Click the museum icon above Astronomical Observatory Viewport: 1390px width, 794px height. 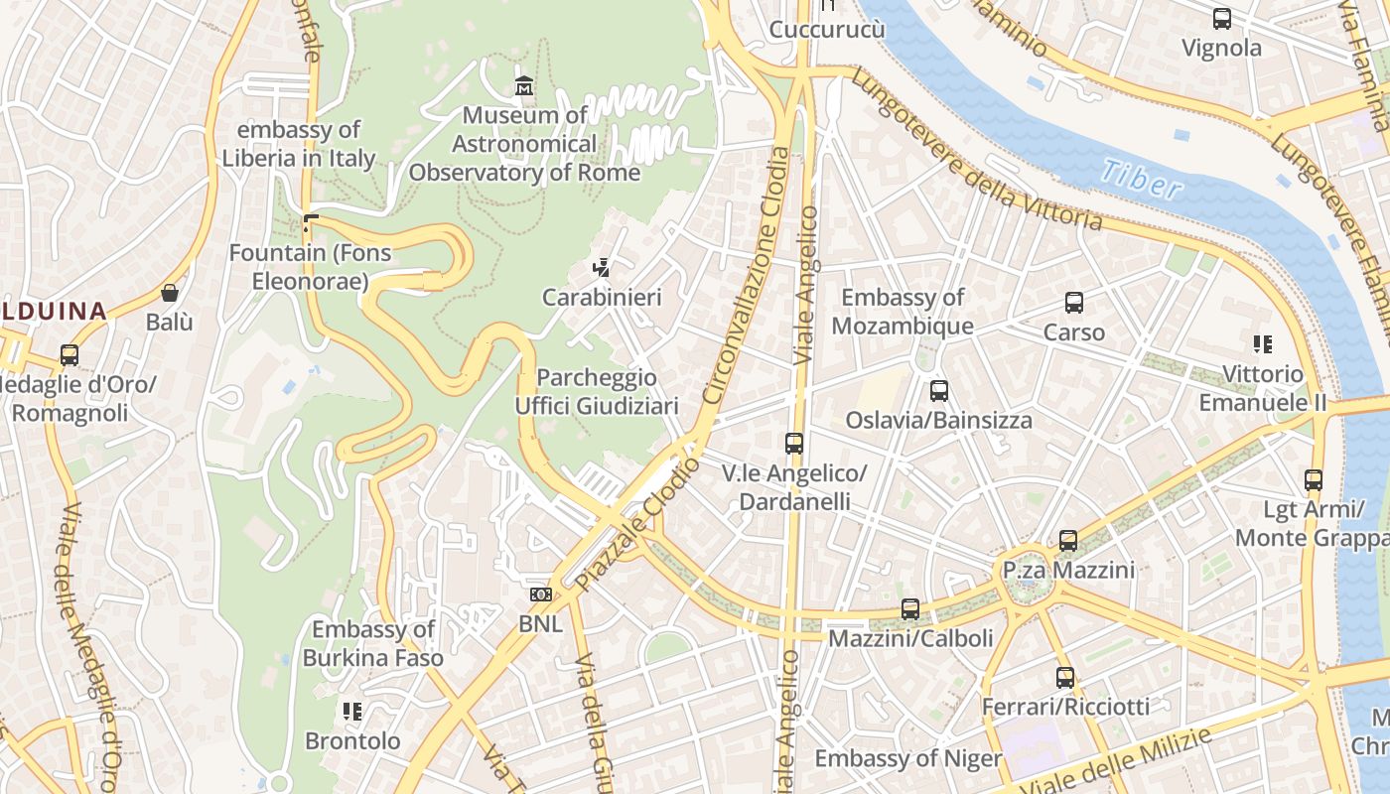(524, 86)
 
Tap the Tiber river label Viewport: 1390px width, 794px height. (1141, 179)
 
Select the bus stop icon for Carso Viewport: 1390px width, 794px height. (1073, 303)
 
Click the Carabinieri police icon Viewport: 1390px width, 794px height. (601, 267)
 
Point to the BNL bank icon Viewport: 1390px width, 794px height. (540, 595)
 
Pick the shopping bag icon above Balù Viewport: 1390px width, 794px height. (170, 293)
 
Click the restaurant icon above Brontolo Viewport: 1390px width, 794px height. (351, 712)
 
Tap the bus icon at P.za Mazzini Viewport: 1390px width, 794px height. (1068, 541)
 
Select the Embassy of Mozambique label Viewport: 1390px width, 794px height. (902, 312)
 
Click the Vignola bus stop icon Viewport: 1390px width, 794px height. (1221, 19)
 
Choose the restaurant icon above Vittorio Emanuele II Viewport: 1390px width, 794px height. (1262, 344)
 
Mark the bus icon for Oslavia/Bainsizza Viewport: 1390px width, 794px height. (939, 391)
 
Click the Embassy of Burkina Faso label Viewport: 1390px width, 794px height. (372, 643)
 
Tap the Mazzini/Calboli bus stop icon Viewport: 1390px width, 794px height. (910, 609)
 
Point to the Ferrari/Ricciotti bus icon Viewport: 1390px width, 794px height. (1065, 678)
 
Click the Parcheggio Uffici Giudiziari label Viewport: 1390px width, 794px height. (597, 392)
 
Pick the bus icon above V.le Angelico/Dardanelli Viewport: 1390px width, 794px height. (793, 444)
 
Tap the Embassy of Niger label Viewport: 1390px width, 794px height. (907, 759)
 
